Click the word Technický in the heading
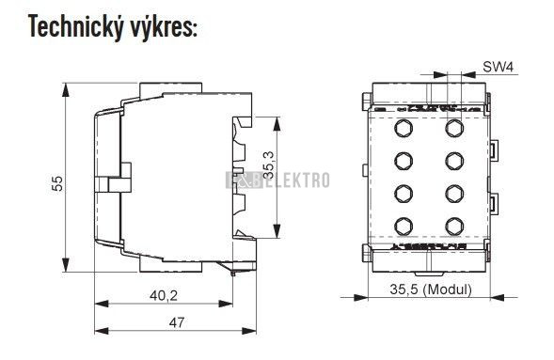coord(76,27)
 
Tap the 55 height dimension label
coord(56,183)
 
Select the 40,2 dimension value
coord(164,295)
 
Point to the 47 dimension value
coord(176,322)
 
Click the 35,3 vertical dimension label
coord(269,164)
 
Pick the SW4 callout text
coord(498,67)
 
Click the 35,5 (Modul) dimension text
coord(431,290)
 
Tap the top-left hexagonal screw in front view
coord(404,128)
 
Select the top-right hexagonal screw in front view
coord(454,128)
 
